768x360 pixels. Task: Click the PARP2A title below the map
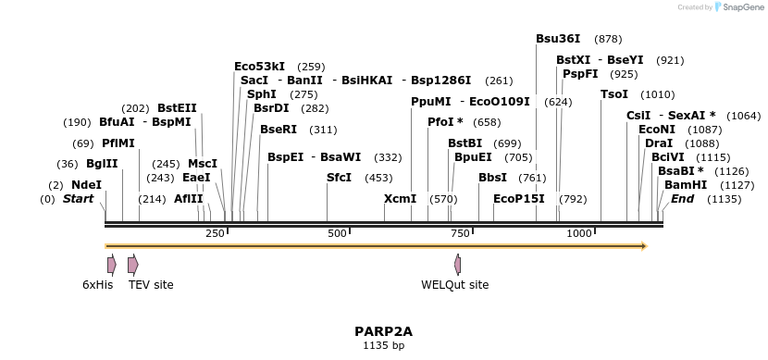pyautogui.click(x=383, y=331)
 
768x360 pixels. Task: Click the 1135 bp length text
pyautogui.click(x=383, y=345)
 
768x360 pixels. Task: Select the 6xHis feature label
pyautogui.click(x=97, y=285)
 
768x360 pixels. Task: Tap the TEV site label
pyautogui.click(x=151, y=285)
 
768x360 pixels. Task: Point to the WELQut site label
pyautogui.click(x=454, y=285)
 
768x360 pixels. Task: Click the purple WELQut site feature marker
pyautogui.click(x=457, y=265)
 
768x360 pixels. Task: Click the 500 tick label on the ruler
pyautogui.click(x=336, y=233)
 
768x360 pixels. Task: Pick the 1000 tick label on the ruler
pyautogui.click(x=579, y=233)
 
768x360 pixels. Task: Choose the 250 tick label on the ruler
pyautogui.click(x=216, y=233)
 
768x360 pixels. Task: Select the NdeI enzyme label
pyautogui.click(x=86, y=185)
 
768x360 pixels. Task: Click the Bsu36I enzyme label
pyautogui.click(x=558, y=39)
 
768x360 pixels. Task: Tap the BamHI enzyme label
pyautogui.click(x=686, y=185)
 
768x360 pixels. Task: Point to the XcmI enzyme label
pyautogui.click(x=400, y=199)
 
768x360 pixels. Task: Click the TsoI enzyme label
pyautogui.click(x=614, y=94)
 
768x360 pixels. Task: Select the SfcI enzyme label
pyautogui.click(x=340, y=178)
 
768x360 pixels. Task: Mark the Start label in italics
pyautogui.click(x=78, y=199)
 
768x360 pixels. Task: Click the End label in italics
pyautogui.click(x=682, y=199)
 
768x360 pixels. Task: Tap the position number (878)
pyautogui.click(x=608, y=39)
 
